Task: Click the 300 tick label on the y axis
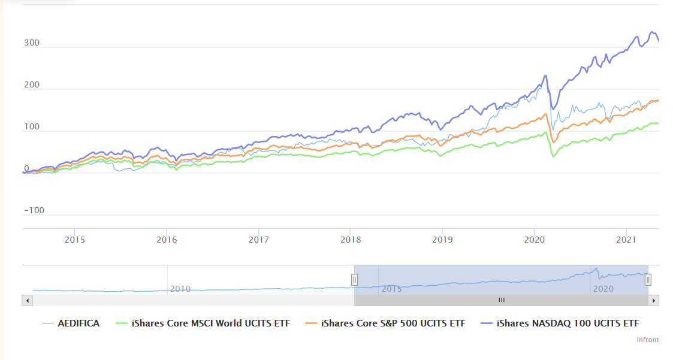pyautogui.click(x=32, y=43)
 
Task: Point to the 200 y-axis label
pyautogui.click(x=32, y=84)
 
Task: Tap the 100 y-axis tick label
pyautogui.click(x=32, y=126)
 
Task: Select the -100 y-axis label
pyautogui.click(x=34, y=210)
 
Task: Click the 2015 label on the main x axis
pyautogui.click(x=75, y=240)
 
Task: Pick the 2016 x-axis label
pyautogui.click(x=167, y=240)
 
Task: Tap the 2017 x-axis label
pyautogui.click(x=259, y=240)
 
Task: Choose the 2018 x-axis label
pyautogui.click(x=351, y=240)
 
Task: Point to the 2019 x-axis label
pyautogui.click(x=442, y=240)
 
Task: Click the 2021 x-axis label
pyautogui.click(x=626, y=240)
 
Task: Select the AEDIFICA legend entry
pyautogui.click(x=71, y=323)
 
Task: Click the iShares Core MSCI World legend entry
pyautogui.click(x=203, y=323)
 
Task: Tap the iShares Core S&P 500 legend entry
pyautogui.click(x=385, y=323)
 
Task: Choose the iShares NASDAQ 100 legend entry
pyautogui.click(x=560, y=323)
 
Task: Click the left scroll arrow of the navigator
pyautogui.click(x=28, y=300)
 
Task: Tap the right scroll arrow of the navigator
pyautogui.click(x=654, y=300)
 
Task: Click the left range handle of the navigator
pyautogui.click(x=355, y=280)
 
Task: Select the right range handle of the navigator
pyautogui.click(x=648, y=280)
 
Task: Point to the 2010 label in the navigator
pyautogui.click(x=180, y=289)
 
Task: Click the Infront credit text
pyautogui.click(x=648, y=340)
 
